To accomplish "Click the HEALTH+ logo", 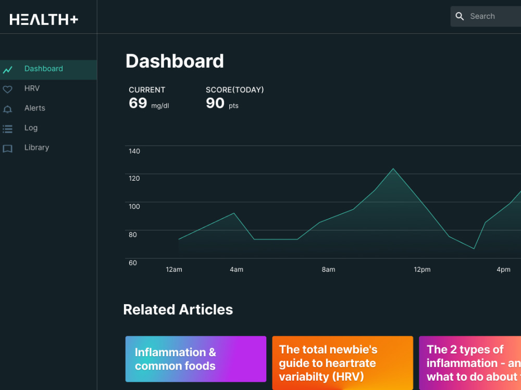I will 44,19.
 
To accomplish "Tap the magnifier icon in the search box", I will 460,17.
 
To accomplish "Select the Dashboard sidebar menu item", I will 44,69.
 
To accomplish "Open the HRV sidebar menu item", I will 32,89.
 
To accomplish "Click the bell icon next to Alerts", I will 7,109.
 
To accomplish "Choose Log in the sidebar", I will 31,128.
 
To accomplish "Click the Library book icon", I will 7,148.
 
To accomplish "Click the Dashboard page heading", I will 175,61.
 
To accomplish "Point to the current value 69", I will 138,103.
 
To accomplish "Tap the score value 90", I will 215,103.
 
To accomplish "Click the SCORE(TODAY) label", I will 234,90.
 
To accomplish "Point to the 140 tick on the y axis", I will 134,152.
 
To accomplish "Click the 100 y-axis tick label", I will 134,207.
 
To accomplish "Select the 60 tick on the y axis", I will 133,263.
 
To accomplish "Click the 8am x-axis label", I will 328,270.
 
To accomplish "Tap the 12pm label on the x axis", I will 422,270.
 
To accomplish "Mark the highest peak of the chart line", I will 393,169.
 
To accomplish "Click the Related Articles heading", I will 178,310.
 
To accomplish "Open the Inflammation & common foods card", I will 195,359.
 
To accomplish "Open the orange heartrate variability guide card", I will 342,363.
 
